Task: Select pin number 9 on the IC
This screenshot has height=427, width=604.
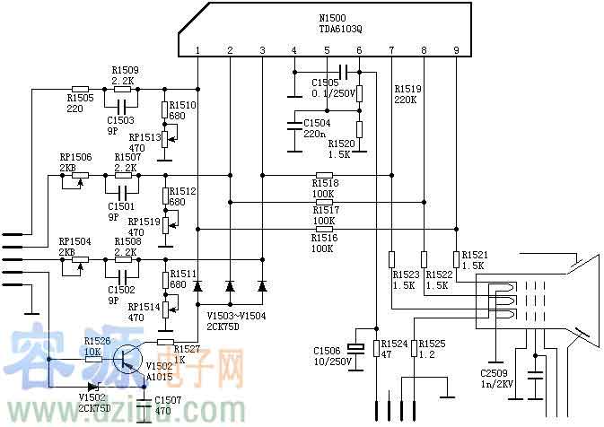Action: (x=456, y=49)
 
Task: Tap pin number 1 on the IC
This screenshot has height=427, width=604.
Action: (x=197, y=49)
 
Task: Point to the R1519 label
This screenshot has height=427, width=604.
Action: (x=407, y=89)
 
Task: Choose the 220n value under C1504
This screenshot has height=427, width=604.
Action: (x=314, y=134)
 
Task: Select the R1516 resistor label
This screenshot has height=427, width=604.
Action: (x=324, y=237)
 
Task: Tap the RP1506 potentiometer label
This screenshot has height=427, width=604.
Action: (x=75, y=156)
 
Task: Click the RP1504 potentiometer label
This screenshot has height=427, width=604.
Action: (x=75, y=241)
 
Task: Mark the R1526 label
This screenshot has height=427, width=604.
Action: (x=97, y=341)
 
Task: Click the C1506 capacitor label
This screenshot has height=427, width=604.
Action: (x=327, y=350)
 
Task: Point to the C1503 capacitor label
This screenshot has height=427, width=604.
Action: (x=120, y=119)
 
